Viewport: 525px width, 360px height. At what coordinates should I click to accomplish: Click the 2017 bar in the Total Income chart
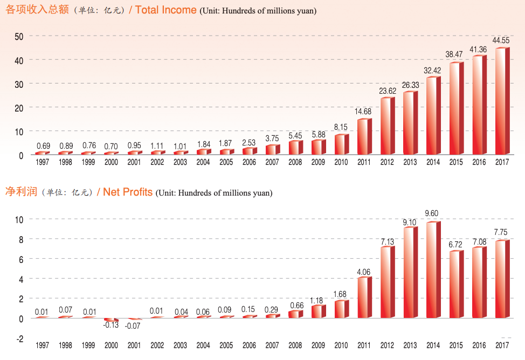tap(502, 101)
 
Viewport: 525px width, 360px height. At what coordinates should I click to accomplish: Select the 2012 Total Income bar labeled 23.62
tap(388, 127)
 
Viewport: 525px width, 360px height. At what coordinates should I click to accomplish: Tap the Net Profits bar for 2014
tap(433, 269)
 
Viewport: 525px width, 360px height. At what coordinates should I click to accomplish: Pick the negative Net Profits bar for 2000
tap(111, 320)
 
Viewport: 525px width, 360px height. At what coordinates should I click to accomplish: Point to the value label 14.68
tap(364, 112)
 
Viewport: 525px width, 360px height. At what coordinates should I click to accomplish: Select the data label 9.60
tap(433, 213)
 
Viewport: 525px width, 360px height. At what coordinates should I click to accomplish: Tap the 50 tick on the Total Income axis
tap(18, 36)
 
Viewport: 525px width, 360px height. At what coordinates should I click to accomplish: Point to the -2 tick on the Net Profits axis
tap(19, 338)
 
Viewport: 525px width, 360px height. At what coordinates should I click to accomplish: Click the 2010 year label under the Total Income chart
tap(341, 162)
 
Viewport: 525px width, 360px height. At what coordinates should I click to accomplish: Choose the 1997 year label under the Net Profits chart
tap(42, 345)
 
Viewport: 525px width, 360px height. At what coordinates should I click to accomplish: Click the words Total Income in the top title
tap(165, 10)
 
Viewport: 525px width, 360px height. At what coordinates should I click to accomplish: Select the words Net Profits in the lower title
tap(128, 192)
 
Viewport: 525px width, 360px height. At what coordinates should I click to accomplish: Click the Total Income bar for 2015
tap(456, 109)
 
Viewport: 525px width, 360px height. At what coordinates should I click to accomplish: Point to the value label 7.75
tap(501, 232)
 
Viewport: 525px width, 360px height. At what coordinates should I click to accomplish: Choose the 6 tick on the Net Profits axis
tap(20, 259)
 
